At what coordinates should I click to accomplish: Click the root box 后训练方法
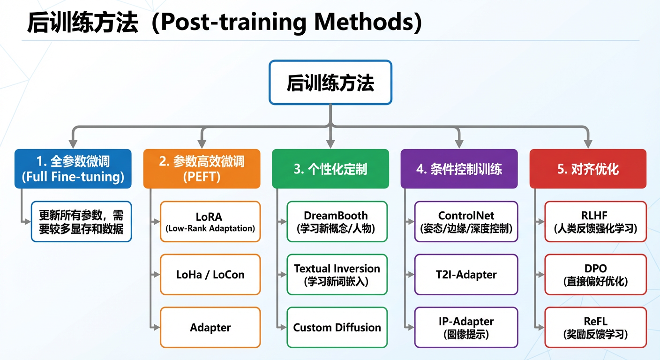point(330,82)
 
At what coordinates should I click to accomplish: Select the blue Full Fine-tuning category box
point(73,169)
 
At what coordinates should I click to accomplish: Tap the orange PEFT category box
point(202,169)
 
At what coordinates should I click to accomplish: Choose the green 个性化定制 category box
point(330,169)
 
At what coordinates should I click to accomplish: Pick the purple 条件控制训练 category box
point(459,169)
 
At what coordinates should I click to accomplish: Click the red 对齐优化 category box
point(588,169)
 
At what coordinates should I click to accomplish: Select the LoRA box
point(210,222)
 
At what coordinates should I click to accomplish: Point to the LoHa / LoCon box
point(210,275)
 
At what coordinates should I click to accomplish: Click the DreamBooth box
point(337,222)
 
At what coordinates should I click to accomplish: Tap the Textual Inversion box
point(337,275)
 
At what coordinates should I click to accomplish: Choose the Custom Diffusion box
point(337,327)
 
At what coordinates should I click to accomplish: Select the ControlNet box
point(466,222)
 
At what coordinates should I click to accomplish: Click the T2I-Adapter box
point(466,275)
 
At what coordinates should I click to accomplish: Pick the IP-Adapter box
point(466,327)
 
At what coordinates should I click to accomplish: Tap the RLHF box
point(596,222)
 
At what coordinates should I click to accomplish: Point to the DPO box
point(596,275)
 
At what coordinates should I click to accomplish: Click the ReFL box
point(596,327)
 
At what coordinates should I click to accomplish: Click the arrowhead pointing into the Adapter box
point(156,327)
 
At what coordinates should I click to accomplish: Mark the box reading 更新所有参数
point(81,222)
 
